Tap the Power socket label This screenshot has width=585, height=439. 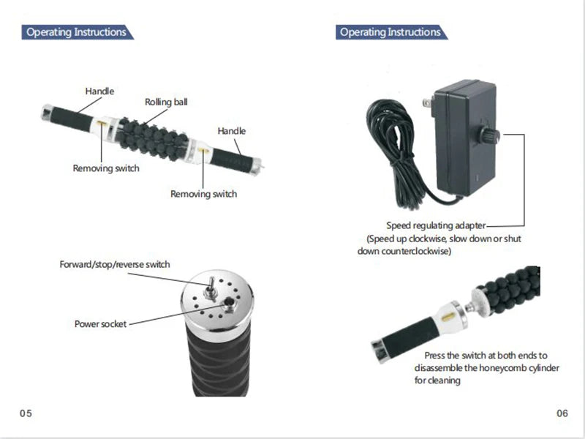[100, 323]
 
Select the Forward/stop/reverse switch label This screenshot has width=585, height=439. [115, 263]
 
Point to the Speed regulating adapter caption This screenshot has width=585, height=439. [436, 225]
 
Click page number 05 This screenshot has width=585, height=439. [26, 413]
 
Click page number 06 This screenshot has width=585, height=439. [562, 413]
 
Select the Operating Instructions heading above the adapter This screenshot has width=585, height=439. [390, 32]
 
